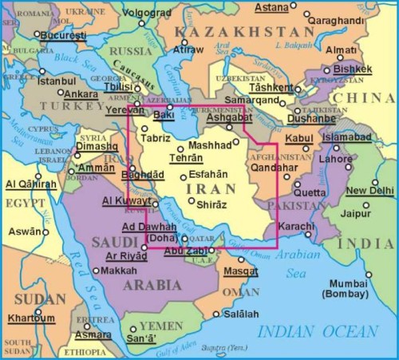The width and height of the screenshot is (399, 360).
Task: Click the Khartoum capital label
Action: click(x=31, y=318)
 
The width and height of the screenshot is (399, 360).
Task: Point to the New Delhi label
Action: click(x=369, y=191)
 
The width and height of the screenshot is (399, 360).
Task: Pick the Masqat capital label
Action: click(x=239, y=271)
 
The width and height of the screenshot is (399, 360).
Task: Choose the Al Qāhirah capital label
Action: click(x=31, y=184)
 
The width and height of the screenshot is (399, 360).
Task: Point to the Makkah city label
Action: click(x=120, y=271)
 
